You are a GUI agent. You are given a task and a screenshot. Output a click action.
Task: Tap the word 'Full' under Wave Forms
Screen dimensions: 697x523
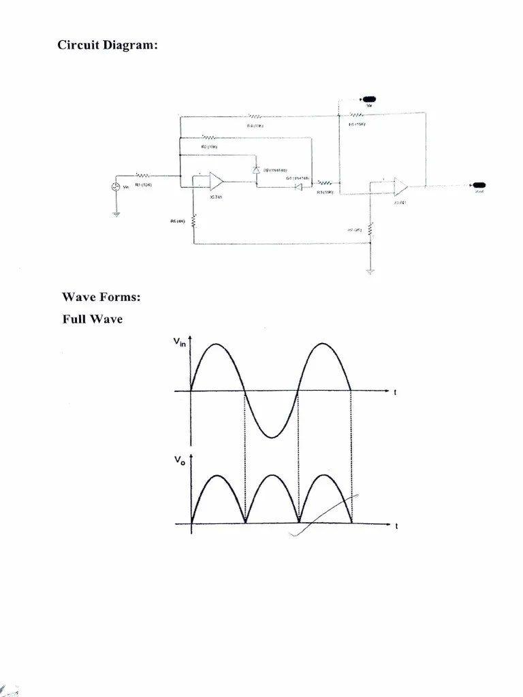pyautogui.click(x=75, y=319)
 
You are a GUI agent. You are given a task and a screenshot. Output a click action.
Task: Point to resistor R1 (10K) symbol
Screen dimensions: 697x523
pyautogui.click(x=143, y=174)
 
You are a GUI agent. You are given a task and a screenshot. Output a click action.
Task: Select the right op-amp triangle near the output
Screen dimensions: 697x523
pyautogui.click(x=399, y=187)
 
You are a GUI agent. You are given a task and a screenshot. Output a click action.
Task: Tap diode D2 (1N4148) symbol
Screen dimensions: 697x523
pyautogui.click(x=256, y=169)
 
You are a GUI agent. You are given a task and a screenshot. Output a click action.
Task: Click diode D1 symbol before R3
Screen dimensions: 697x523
pyautogui.click(x=298, y=185)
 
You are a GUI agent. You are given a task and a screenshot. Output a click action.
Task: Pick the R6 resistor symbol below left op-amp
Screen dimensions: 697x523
pyautogui.click(x=194, y=221)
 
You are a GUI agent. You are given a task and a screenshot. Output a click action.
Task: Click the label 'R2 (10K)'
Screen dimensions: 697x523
pyautogui.click(x=209, y=146)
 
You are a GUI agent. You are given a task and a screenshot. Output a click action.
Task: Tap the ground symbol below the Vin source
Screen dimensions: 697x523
pyautogui.click(x=116, y=214)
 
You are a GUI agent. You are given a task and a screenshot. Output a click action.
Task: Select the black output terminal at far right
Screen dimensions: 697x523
pyautogui.click(x=479, y=185)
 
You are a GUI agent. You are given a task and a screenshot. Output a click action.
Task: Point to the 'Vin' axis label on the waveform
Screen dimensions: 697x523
pyautogui.click(x=179, y=344)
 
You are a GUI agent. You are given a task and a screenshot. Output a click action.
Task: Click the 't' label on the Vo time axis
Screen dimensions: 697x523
pyautogui.click(x=396, y=525)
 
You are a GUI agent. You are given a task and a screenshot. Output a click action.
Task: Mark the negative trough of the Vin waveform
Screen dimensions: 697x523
pyautogui.click(x=271, y=437)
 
